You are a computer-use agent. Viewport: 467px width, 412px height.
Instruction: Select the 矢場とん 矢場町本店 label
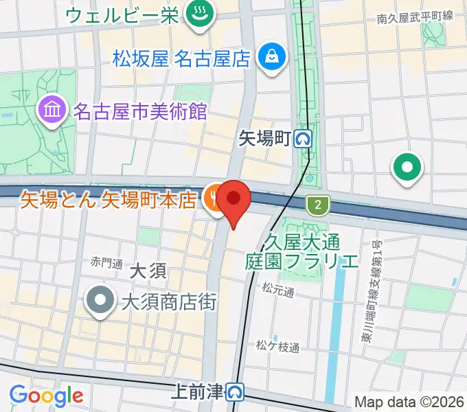(x=109, y=200)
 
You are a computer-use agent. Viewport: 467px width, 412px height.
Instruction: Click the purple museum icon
(x=52, y=109)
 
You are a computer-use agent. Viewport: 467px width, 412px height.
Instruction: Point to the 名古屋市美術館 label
(x=139, y=111)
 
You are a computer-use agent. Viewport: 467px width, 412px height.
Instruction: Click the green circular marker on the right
(x=407, y=167)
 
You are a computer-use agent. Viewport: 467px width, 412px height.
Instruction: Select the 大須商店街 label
(x=169, y=300)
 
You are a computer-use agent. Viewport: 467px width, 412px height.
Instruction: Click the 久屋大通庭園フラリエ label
(x=302, y=251)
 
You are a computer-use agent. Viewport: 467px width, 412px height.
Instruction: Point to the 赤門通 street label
(x=106, y=263)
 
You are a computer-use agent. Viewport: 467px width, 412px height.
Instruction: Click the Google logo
(x=46, y=396)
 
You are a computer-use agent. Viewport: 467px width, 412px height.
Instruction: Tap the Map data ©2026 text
(x=409, y=402)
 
